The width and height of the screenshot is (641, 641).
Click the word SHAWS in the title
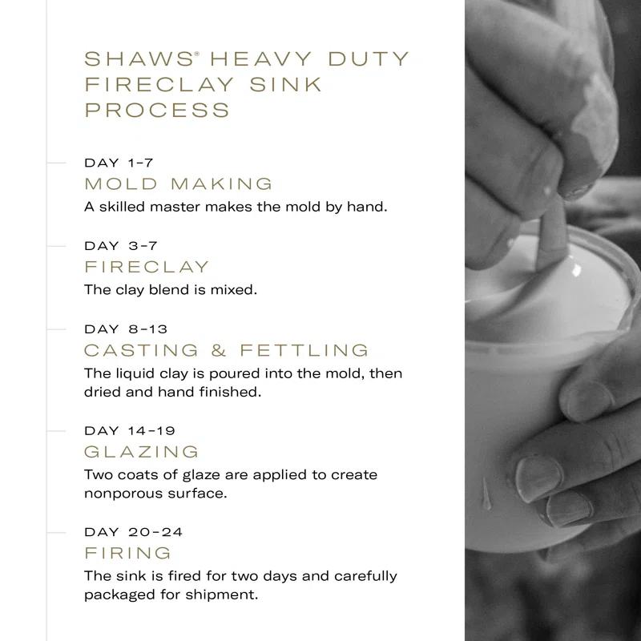(x=139, y=58)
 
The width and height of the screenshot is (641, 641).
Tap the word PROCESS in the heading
(x=157, y=111)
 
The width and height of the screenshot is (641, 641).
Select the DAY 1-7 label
(x=119, y=163)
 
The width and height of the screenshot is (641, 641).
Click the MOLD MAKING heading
(x=178, y=184)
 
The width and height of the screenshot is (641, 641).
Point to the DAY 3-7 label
(x=121, y=246)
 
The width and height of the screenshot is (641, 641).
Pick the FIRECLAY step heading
(x=147, y=267)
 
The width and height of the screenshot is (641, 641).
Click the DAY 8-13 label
(x=126, y=329)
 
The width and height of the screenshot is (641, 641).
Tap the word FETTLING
(x=304, y=350)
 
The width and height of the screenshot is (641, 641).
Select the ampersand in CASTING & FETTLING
(x=219, y=350)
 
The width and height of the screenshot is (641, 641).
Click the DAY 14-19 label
(x=130, y=430)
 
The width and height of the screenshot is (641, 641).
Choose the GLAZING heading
(x=142, y=452)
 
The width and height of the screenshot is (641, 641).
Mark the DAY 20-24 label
(x=133, y=532)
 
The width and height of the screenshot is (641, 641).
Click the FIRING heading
(x=127, y=553)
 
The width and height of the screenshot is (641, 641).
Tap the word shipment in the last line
(x=222, y=595)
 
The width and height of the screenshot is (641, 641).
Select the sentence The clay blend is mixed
(x=171, y=290)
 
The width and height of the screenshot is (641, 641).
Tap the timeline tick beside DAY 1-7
(x=56, y=163)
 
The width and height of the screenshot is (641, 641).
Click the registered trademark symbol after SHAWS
(x=196, y=54)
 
